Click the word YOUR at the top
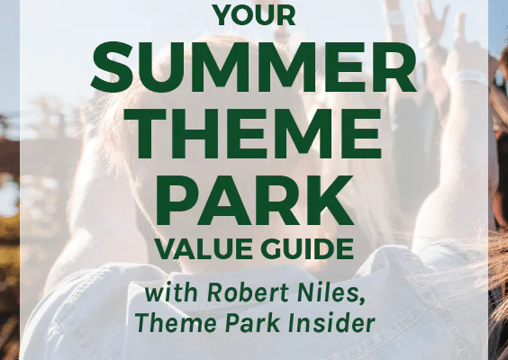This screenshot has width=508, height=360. click(255, 16)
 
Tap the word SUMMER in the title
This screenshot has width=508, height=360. click(254, 67)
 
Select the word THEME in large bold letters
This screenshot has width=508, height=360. click(253, 133)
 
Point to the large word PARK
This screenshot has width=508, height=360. click(255, 200)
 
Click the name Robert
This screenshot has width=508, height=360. click(248, 292)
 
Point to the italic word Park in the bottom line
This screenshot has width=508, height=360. click(252, 323)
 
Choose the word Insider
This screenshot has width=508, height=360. click(331, 323)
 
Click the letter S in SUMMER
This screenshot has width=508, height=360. click(112, 67)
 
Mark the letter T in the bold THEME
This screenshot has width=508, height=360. click(146, 133)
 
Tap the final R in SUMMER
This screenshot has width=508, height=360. click(396, 67)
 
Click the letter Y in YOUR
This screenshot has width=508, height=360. click(224, 16)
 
